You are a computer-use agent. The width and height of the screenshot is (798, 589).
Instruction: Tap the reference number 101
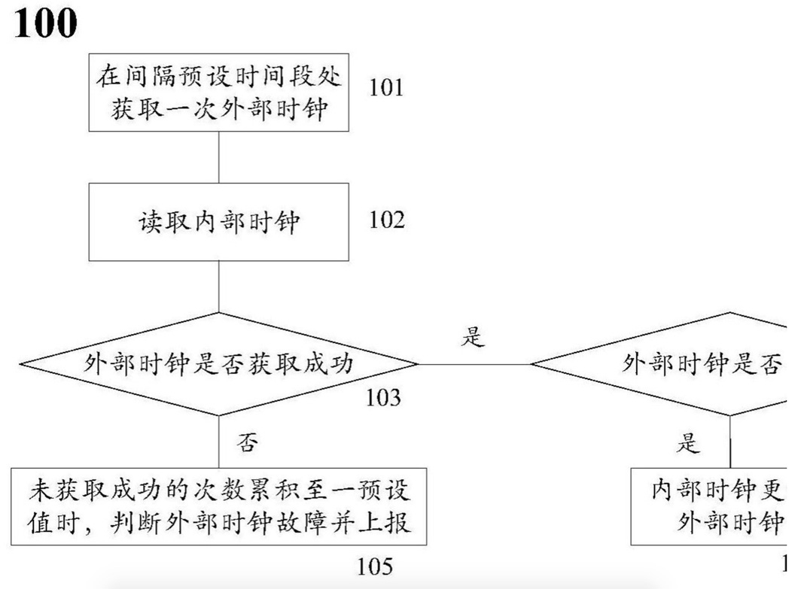pyautogui.click(x=386, y=88)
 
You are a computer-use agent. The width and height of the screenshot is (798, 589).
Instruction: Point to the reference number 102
pyautogui.click(x=386, y=220)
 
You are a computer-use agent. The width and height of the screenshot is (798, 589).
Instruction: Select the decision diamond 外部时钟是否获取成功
pyautogui.click(x=218, y=364)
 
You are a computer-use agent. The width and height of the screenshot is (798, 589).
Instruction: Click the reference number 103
pyautogui.click(x=383, y=397)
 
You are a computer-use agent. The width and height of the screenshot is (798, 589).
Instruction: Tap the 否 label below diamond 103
pyautogui.click(x=247, y=443)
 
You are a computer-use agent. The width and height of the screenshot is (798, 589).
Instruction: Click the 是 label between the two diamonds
pyautogui.click(x=473, y=338)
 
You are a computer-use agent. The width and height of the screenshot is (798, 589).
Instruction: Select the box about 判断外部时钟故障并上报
pyautogui.click(x=219, y=506)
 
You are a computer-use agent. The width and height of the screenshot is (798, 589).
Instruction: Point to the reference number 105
pyautogui.click(x=375, y=566)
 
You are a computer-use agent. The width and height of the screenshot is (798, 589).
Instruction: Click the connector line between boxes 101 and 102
pyautogui.click(x=219, y=156)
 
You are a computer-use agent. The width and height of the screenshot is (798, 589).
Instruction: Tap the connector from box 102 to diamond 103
pyautogui.click(x=219, y=286)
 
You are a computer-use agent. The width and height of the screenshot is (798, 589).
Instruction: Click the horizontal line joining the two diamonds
pyautogui.click(x=474, y=364)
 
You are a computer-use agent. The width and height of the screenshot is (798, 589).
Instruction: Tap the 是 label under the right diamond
pyautogui.click(x=688, y=443)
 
